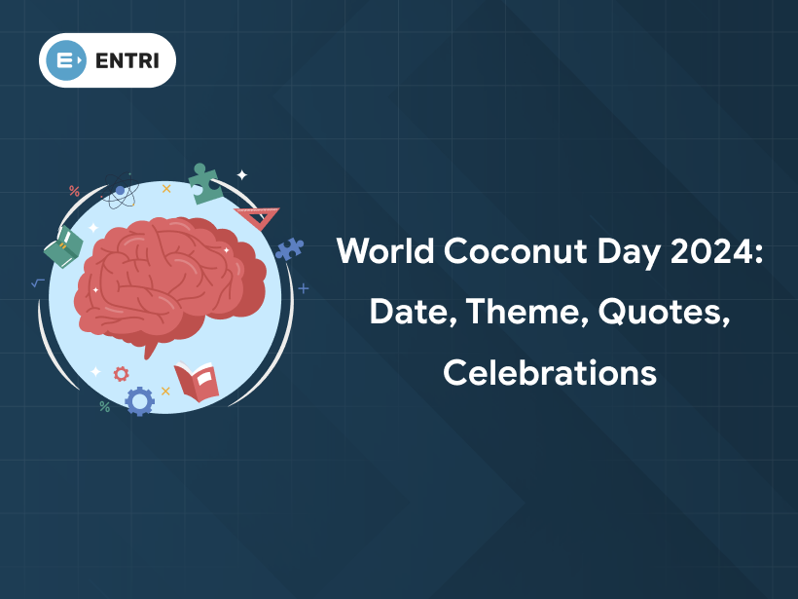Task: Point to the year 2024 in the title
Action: pyautogui.click(x=712, y=253)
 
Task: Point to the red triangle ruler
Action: pyautogui.click(x=258, y=215)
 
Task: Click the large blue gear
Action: pyautogui.click(x=140, y=400)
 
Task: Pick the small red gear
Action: pyautogui.click(x=121, y=373)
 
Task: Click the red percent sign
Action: pyautogui.click(x=74, y=191)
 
